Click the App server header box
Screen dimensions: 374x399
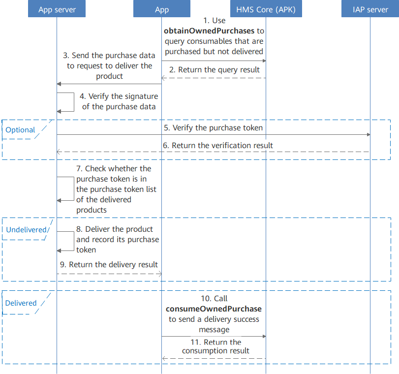coord(57,9)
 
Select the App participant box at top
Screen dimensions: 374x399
coord(161,9)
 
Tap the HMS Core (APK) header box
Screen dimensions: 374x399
coord(266,9)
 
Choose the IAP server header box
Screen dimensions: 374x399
coord(370,9)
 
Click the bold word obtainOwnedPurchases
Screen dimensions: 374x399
coord(210,31)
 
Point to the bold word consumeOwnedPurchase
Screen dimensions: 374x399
coord(214,309)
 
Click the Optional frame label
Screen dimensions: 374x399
coord(21,130)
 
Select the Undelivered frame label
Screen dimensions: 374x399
coord(27,229)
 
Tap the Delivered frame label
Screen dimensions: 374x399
coord(21,303)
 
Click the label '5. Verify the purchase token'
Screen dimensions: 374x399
coord(213,127)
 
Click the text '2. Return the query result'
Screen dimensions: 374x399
coord(214,70)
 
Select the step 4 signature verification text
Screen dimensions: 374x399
coord(119,101)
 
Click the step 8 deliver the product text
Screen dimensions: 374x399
coord(117,239)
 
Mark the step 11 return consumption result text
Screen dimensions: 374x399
coord(215,346)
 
